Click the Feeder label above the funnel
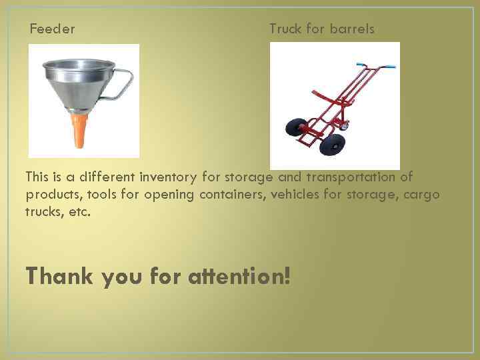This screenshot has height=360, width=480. coord(52,29)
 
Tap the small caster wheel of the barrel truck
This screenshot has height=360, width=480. coord(345,124)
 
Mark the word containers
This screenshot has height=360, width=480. coord(230,195)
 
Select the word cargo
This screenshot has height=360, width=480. coord(422,195)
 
